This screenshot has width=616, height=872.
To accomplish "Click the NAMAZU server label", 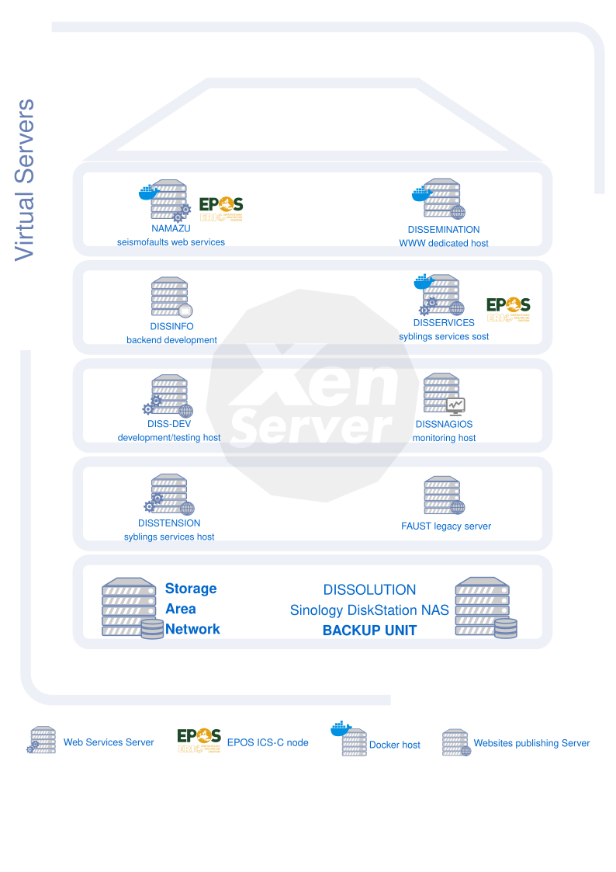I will click(171, 229).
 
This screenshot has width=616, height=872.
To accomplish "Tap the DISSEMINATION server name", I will click(443, 230).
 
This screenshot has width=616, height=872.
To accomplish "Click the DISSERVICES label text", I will click(444, 323).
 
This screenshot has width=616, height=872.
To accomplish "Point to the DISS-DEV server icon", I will click(169, 397).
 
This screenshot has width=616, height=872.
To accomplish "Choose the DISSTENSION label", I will click(169, 523).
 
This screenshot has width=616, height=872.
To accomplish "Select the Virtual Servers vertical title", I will click(25, 179).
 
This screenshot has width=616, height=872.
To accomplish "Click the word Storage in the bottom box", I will click(191, 589).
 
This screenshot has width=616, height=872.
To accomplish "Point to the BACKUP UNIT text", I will click(369, 631).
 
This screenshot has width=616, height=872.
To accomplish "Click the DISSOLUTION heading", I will click(369, 590).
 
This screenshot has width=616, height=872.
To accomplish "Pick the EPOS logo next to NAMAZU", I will click(221, 209).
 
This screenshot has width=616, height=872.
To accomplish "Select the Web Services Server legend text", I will click(109, 743).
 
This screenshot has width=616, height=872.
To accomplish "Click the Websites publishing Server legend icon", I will click(456, 743).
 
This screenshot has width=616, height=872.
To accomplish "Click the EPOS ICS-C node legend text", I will click(268, 743).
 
